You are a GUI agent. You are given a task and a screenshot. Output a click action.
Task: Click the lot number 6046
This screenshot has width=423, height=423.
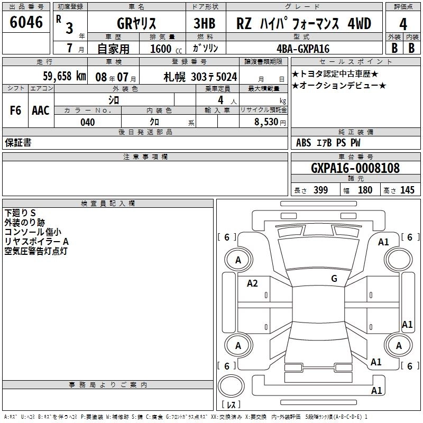26,22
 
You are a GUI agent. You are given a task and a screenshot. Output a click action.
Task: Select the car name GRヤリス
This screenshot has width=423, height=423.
136,23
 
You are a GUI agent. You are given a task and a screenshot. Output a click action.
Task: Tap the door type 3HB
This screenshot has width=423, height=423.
205,23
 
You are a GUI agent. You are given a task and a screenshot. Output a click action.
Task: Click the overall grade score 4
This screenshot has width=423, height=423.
403,24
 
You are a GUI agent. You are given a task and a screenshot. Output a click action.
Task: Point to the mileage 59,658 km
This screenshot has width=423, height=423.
65,76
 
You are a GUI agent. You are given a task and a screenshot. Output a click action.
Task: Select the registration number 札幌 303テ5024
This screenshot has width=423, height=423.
200,77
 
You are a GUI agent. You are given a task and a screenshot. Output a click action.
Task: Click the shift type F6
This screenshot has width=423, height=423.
15,111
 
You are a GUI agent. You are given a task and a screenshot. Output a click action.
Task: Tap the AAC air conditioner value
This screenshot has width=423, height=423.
41,111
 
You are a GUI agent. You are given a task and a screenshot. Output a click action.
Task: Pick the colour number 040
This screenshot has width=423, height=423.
88,122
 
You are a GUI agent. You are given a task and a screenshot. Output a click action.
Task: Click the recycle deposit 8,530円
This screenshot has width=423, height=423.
270,122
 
